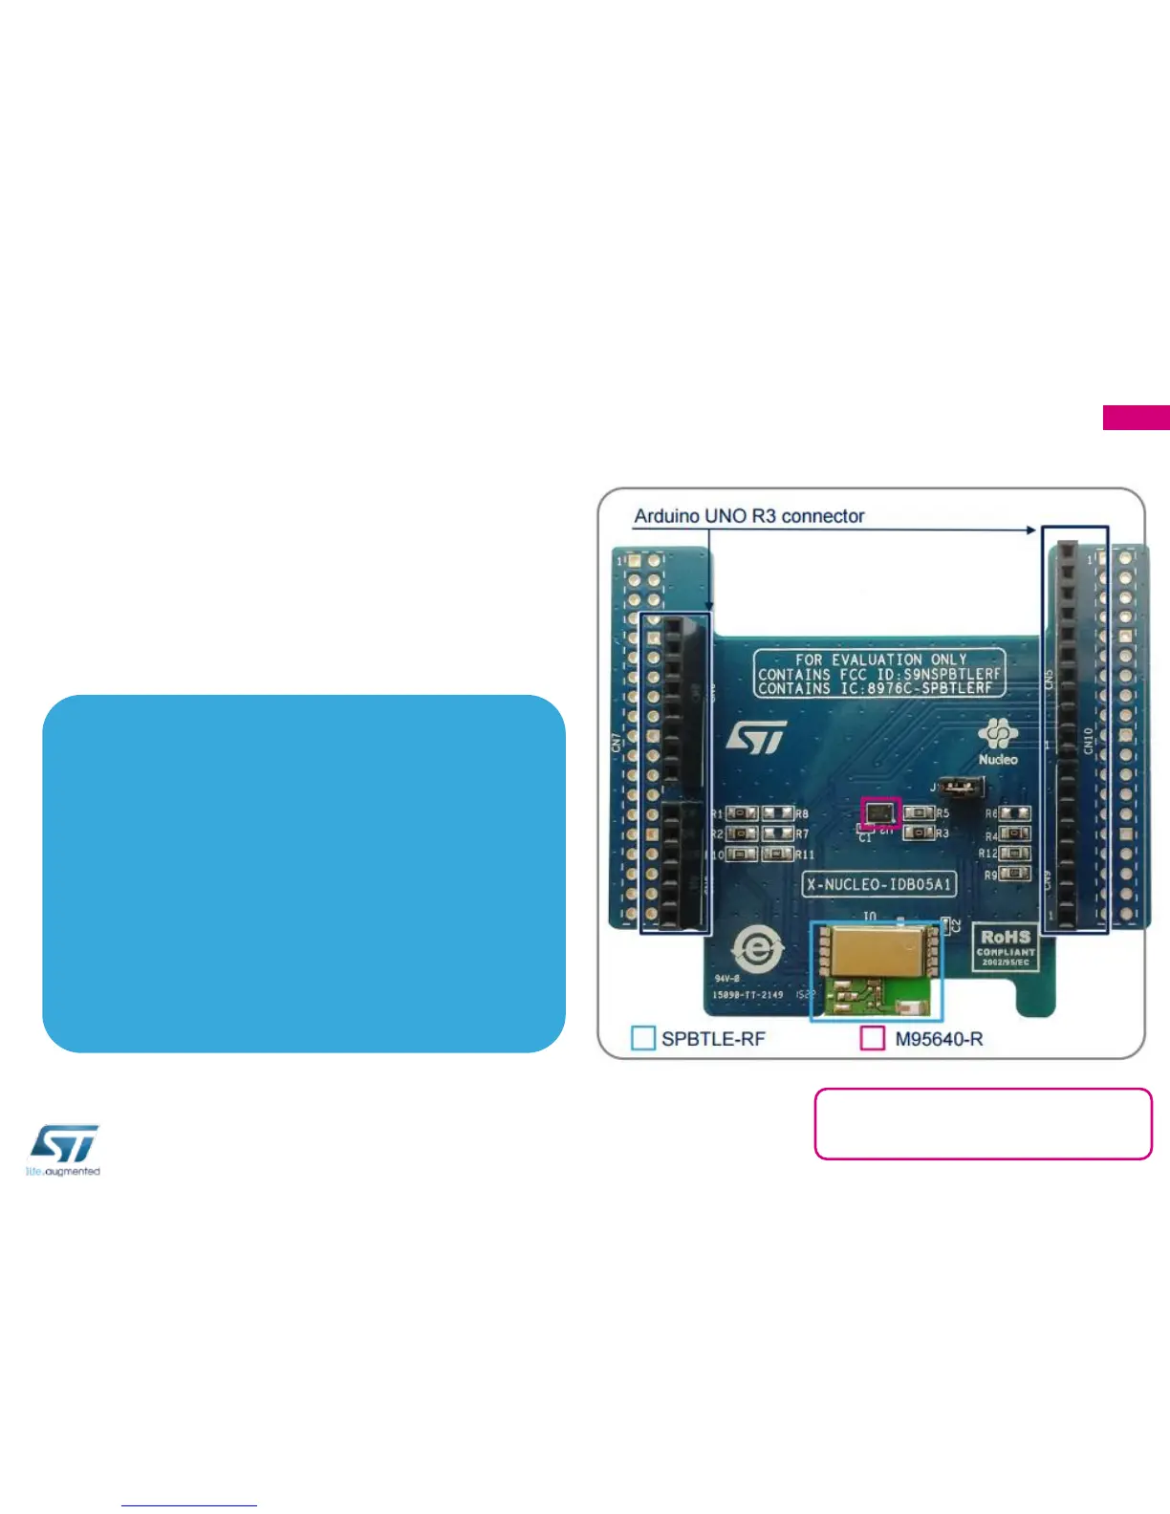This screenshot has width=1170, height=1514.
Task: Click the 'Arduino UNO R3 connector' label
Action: pyautogui.click(x=748, y=516)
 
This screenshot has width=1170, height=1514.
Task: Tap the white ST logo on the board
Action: pyautogui.click(x=756, y=737)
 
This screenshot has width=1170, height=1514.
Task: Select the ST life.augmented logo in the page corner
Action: pyautogui.click(x=63, y=1150)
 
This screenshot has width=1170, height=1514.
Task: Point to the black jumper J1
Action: pyautogui.click(x=961, y=788)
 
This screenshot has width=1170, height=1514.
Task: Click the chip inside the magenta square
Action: pyautogui.click(x=880, y=813)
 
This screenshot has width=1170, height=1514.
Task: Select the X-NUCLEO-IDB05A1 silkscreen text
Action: pyautogui.click(x=878, y=884)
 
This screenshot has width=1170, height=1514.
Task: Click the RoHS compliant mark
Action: pyautogui.click(x=1005, y=946)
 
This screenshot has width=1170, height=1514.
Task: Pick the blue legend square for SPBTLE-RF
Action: pyautogui.click(x=643, y=1038)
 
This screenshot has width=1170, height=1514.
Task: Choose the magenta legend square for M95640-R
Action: pyautogui.click(x=872, y=1038)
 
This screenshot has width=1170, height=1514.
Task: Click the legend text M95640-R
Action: pyautogui.click(x=938, y=1039)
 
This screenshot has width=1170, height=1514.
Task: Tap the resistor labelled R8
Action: pyautogui.click(x=778, y=813)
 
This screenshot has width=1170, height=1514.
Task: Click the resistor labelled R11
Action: pyautogui.click(x=777, y=854)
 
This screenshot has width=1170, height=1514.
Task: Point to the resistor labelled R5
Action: pyautogui.click(x=919, y=813)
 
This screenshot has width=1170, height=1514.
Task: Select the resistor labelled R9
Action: pyautogui.click(x=1014, y=874)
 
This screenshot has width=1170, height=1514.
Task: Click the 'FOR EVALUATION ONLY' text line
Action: pyautogui.click(x=879, y=660)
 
